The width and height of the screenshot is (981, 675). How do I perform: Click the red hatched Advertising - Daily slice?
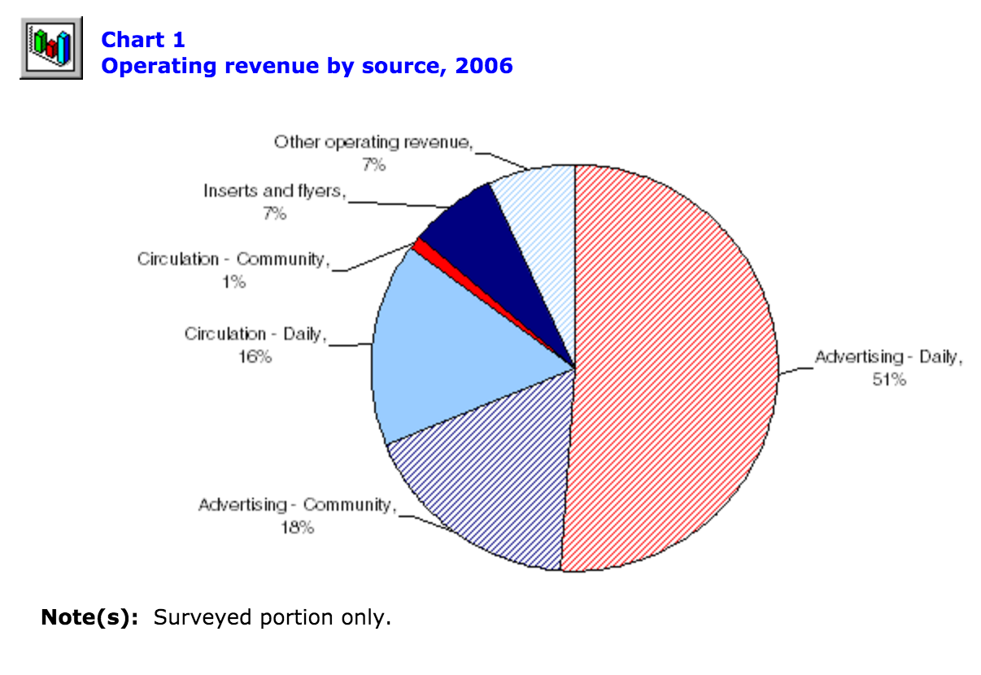click(x=675, y=366)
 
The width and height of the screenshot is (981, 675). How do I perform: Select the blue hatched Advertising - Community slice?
click(x=488, y=480)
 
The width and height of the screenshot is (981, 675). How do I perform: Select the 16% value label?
click(x=255, y=356)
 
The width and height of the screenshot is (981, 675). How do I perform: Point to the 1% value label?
click(x=233, y=281)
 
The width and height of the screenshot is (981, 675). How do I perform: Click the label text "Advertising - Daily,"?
click(x=888, y=356)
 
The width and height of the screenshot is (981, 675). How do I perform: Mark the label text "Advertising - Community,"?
click(x=297, y=505)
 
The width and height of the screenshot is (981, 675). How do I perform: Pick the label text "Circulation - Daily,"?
click(x=255, y=333)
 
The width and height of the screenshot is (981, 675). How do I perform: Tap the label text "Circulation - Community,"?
click(x=233, y=259)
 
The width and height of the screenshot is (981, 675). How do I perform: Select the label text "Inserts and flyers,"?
click(x=275, y=191)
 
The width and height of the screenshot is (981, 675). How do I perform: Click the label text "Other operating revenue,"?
click(x=373, y=142)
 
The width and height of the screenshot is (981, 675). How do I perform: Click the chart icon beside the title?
click(x=51, y=48)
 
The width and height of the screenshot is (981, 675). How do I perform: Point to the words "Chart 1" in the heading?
click(x=142, y=40)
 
